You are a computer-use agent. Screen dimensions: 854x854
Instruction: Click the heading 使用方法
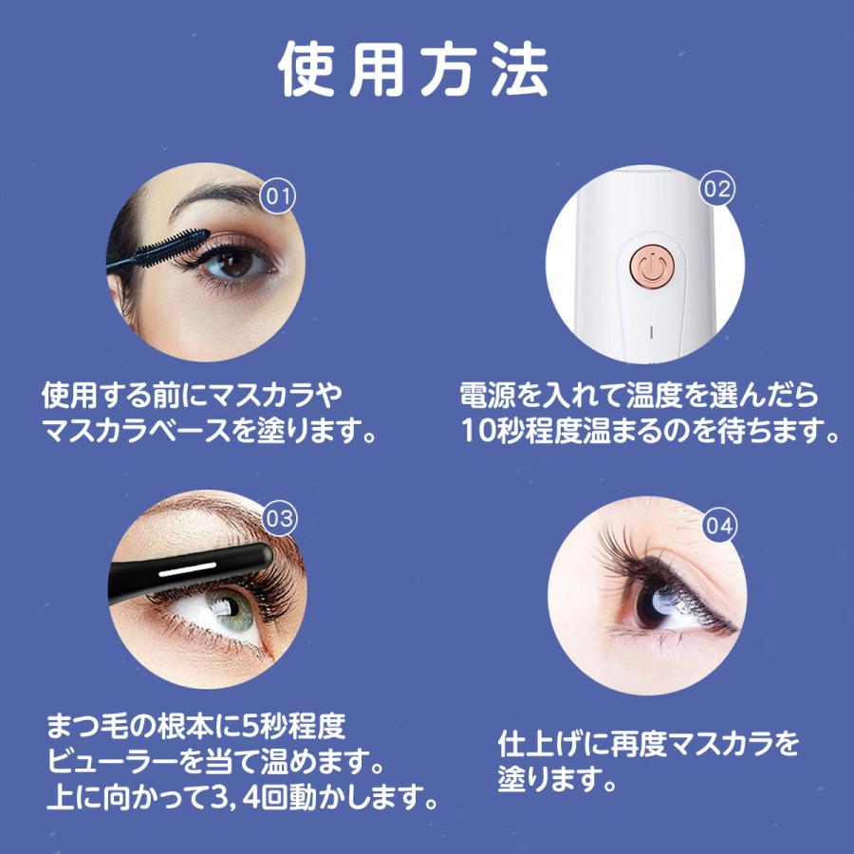415,70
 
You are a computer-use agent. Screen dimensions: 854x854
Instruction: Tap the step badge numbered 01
277,196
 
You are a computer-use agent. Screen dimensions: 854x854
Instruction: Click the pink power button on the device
651,266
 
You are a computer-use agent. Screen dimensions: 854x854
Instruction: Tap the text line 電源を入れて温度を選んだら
639,395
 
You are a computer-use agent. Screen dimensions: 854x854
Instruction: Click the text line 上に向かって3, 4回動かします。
243,798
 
